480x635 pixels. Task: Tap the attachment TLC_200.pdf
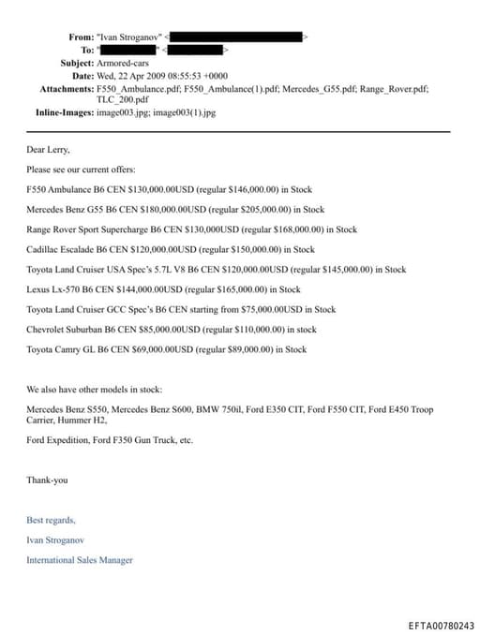tap(122, 99)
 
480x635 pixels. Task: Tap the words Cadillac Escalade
tap(60, 249)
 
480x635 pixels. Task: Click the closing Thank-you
tap(47, 480)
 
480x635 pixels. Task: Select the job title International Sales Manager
tap(80, 560)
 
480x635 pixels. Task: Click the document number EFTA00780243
tap(441, 625)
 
